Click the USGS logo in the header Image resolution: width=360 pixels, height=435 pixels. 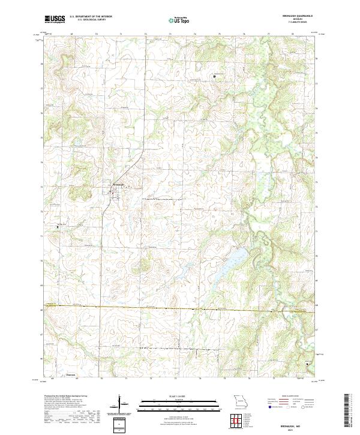point(55,19)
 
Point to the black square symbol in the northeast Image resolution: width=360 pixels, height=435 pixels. point(214,76)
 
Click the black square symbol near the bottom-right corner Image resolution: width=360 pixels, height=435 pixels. point(308,364)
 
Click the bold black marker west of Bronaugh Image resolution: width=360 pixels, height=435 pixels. point(58,227)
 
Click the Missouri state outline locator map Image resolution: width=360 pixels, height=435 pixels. point(239,401)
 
